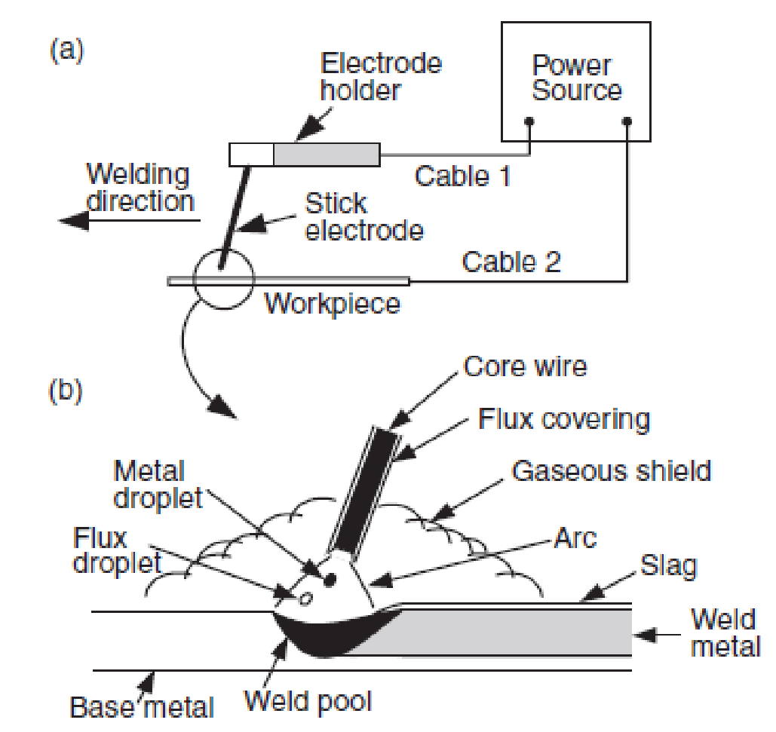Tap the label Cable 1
click(462, 176)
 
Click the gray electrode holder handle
click(326, 155)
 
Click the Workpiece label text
click(333, 305)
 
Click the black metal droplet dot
click(330, 580)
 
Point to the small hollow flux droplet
click(305, 598)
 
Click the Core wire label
click(525, 366)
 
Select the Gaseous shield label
click(611, 470)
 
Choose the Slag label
click(668, 565)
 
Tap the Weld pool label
click(308, 701)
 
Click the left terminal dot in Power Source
click(530, 121)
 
